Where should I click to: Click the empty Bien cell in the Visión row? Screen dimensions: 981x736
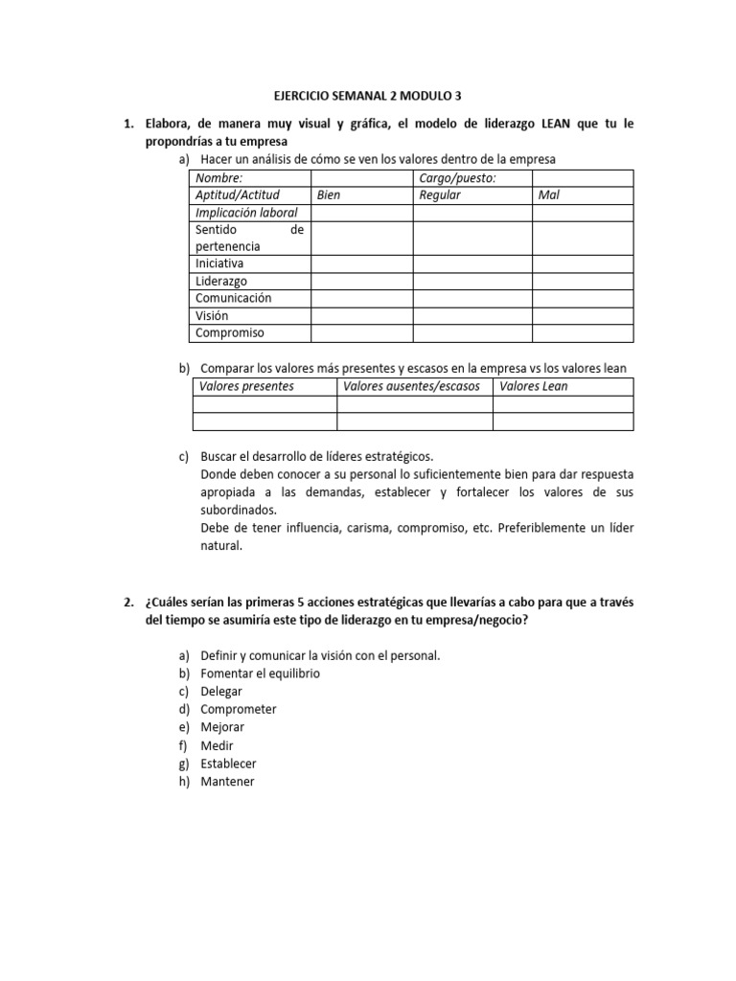tap(361, 316)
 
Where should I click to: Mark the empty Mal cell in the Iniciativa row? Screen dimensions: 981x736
tap(583, 263)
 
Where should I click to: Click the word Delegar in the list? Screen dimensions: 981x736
tap(221, 692)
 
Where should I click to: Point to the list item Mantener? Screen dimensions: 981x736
tap(228, 782)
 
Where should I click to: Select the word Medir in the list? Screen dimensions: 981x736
tap(217, 745)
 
